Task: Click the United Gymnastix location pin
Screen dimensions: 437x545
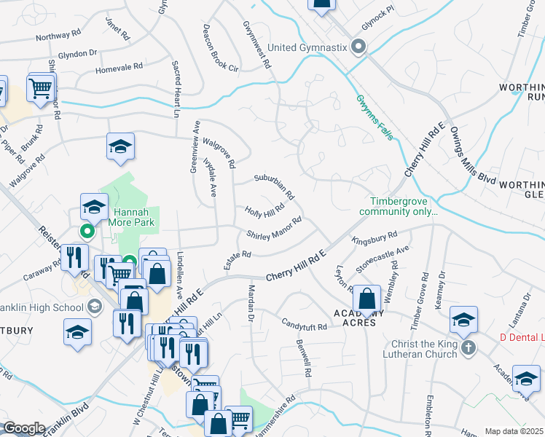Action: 358,47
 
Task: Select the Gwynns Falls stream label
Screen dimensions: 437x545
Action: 376,117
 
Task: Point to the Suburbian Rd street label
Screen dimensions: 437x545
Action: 274,186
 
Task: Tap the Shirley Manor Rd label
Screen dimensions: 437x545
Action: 274,229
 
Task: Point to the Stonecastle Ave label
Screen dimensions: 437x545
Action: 383,259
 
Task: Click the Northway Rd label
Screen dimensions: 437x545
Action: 58,35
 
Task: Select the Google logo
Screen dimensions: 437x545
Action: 23,428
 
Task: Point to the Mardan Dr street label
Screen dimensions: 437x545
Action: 249,306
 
